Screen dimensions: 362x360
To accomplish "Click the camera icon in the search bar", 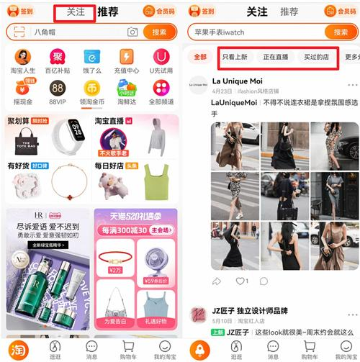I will (x=132, y=32).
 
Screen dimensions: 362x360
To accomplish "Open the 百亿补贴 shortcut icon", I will (x=56, y=57).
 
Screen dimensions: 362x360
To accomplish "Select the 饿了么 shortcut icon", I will (x=91, y=57).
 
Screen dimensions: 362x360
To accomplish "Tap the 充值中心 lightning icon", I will (x=127, y=57).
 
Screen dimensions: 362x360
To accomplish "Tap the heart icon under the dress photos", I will (x=240, y=281).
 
